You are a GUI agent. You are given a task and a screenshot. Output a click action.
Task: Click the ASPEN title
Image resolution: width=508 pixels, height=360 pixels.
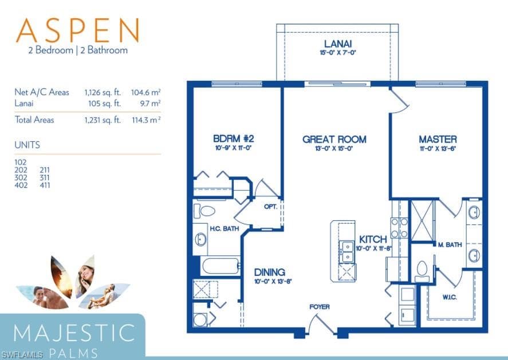coord(78,30)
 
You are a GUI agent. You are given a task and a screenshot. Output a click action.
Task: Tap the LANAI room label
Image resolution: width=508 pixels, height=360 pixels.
coord(338,44)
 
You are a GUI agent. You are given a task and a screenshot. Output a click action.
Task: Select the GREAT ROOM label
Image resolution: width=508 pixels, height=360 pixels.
coord(334,140)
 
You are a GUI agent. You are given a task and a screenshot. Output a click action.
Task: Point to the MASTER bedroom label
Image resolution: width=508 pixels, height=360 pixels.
coord(438,140)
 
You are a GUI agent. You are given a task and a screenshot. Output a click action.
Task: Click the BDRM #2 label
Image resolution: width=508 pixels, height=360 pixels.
coord(234,139)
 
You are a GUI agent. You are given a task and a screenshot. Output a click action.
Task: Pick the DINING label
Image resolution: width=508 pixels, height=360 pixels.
coord(270,272)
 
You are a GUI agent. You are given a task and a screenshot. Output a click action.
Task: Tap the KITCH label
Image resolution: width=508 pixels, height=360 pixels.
coord(373,240)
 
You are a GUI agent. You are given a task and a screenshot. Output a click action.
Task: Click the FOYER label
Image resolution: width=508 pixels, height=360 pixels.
coord(320,307)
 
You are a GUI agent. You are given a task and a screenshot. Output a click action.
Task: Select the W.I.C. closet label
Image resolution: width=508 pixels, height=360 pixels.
coord(450,297)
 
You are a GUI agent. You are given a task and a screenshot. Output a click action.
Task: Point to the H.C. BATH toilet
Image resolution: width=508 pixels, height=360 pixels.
coord(204,211)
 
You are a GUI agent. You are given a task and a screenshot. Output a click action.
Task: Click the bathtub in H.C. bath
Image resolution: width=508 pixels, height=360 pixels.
coord(221,266)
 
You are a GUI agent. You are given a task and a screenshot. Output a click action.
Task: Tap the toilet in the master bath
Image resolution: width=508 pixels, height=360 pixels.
coord(422,272)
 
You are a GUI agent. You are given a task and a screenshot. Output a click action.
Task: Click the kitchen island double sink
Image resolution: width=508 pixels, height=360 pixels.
coord(347,252)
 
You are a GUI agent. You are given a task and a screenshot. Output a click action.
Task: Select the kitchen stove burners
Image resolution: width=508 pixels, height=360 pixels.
coord(399,228)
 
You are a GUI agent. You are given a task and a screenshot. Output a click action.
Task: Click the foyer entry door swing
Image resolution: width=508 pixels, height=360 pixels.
coord(321,323)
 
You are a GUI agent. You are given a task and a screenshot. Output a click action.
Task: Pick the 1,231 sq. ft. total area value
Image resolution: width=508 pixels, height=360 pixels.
coord(103,120)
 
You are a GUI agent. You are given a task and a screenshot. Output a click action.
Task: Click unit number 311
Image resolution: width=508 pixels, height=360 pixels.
coord(45,178)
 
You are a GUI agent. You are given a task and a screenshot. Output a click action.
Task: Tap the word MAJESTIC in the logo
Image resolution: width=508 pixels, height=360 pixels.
coord(74,333)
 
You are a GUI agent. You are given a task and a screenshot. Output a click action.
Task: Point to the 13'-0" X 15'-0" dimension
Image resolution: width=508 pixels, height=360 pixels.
coord(334,149)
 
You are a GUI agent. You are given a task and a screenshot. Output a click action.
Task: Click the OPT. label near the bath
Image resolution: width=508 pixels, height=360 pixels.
coord(270,207)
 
